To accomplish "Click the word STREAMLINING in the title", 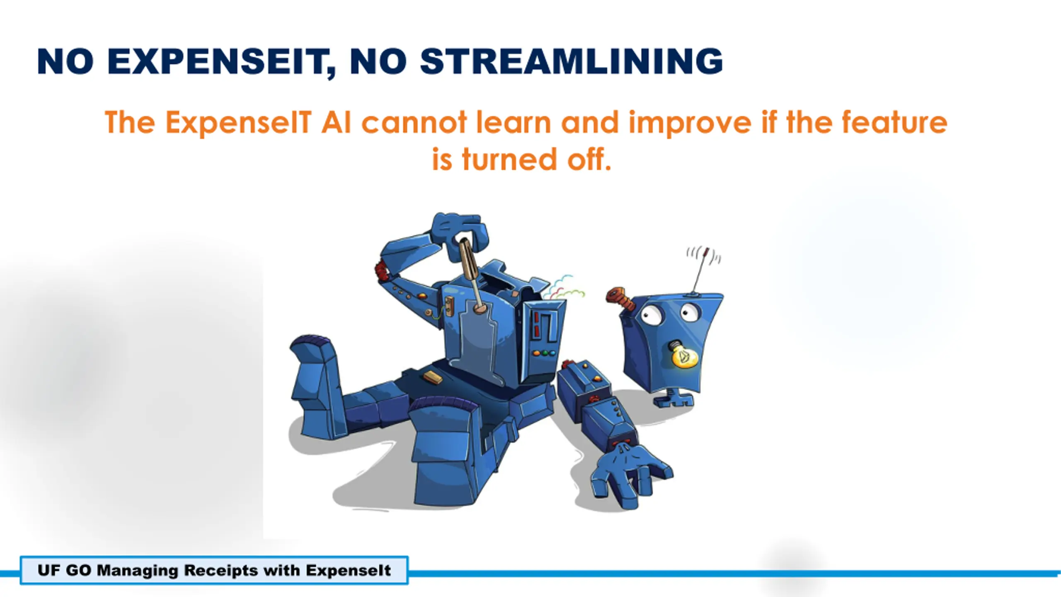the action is [x=572, y=61].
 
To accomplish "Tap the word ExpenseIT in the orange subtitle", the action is [x=238, y=123].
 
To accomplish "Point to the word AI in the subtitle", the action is [x=336, y=123].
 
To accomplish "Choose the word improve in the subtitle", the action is [x=690, y=123].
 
